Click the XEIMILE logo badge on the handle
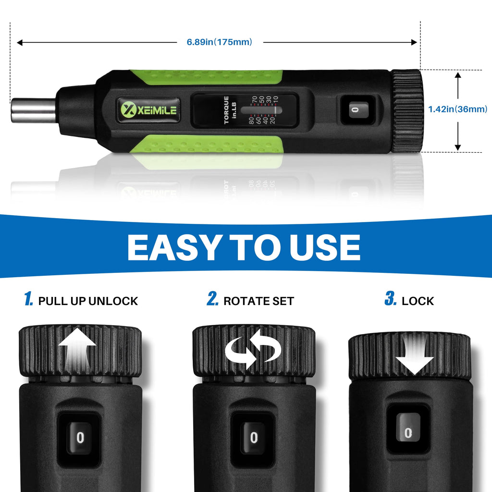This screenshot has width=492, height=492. (x=148, y=110)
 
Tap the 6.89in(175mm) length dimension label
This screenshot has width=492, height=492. (x=219, y=42)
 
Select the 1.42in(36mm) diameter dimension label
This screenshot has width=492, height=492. (x=458, y=109)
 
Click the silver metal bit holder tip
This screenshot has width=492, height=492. (x=34, y=111)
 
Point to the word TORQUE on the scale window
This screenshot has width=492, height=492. (x=226, y=110)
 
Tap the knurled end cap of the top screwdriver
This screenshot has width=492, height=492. (x=406, y=111)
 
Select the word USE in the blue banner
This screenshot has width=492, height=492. (x=325, y=247)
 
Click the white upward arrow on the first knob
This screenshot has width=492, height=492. (x=77, y=349)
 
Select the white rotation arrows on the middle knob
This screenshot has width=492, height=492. (x=253, y=348)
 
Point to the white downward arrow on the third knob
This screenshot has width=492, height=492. (x=415, y=354)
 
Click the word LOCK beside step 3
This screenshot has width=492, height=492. (x=418, y=301)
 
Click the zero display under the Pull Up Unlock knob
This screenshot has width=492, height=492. (x=80, y=437)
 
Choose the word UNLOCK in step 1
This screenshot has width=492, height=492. (x=113, y=301)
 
